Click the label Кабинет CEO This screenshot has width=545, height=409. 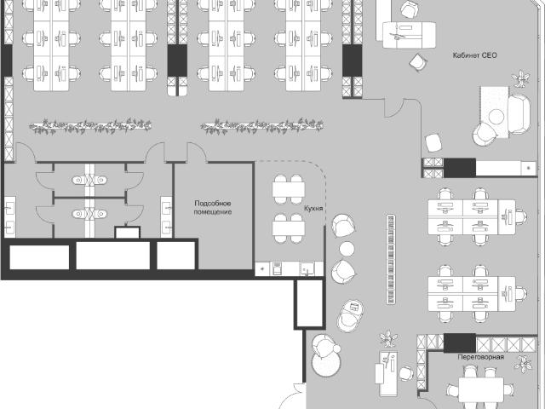tap(475, 55)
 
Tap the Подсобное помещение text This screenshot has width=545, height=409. tap(213, 208)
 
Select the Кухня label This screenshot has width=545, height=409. tap(313, 208)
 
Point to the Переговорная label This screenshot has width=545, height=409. tap(480, 357)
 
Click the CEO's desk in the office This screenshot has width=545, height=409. tap(410, 35)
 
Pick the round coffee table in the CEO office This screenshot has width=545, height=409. tap(496, 117)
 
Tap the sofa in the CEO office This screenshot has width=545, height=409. tap(519, 113)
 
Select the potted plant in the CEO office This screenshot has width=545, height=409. tap(520, 79)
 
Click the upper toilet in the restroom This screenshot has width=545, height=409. tap(89, 180)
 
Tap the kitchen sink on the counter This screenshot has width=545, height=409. tap(307, 269)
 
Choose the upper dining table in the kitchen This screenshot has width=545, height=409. tap(289, 189)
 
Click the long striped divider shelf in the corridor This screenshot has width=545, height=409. tap(391, 259)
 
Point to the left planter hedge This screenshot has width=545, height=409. tap(90, 126)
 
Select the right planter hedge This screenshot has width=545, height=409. tap(262, 126)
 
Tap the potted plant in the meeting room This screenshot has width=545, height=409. tap(523, 364)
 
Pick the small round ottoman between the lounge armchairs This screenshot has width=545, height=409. tap(347, 249)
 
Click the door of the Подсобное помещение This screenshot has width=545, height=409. tap(197, 153)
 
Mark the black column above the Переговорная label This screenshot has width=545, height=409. tap(460, 343)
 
